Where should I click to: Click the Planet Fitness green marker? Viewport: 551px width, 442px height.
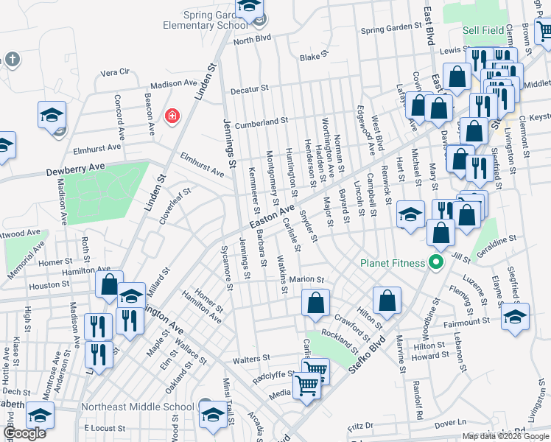(x=435, y=262)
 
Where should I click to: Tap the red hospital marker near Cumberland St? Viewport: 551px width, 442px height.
(x=172, y=116)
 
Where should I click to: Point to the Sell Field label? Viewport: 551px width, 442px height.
(x=483, y=31)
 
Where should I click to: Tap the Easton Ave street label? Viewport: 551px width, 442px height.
(x=272, y=216)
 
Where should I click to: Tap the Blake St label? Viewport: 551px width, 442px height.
(x=312, y=56)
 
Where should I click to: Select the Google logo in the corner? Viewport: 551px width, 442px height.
(x=24, y=433)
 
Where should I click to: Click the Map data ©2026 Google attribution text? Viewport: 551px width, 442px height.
(x=505, y=436)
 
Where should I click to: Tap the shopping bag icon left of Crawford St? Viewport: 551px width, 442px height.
(x=315, y=303)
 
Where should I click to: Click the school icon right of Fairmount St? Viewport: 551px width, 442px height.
(x=515, y=316)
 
